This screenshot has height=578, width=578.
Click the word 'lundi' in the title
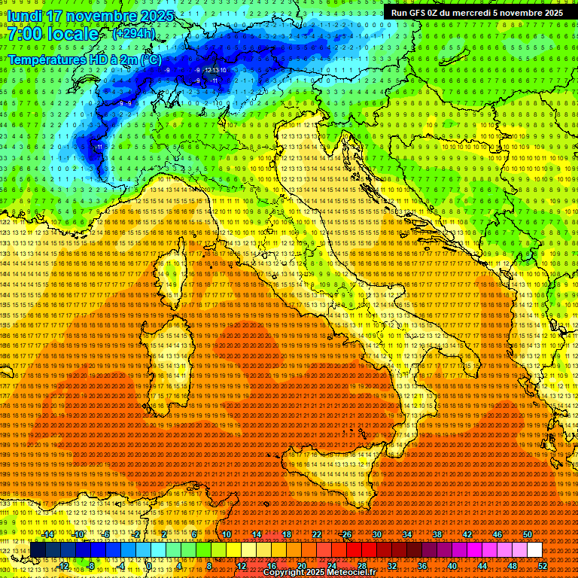(x=26, y=15)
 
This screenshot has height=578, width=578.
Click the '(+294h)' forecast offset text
(x=134, y=33)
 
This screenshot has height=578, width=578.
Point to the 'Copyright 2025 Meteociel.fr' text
(x=319, y=573)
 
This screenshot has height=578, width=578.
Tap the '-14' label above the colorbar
(x=48, y=534)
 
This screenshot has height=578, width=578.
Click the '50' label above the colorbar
(x=528, y=534)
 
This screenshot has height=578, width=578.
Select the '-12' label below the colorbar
(x=63, y=566)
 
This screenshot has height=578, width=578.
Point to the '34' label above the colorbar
(x=407, y=534)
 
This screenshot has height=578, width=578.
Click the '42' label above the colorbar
(x=467, y=534)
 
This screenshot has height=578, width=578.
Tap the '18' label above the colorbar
(x=287, y=534)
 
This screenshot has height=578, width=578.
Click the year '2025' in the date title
(x=157, y=15)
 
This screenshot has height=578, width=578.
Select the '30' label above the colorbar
(x=377, y=534)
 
